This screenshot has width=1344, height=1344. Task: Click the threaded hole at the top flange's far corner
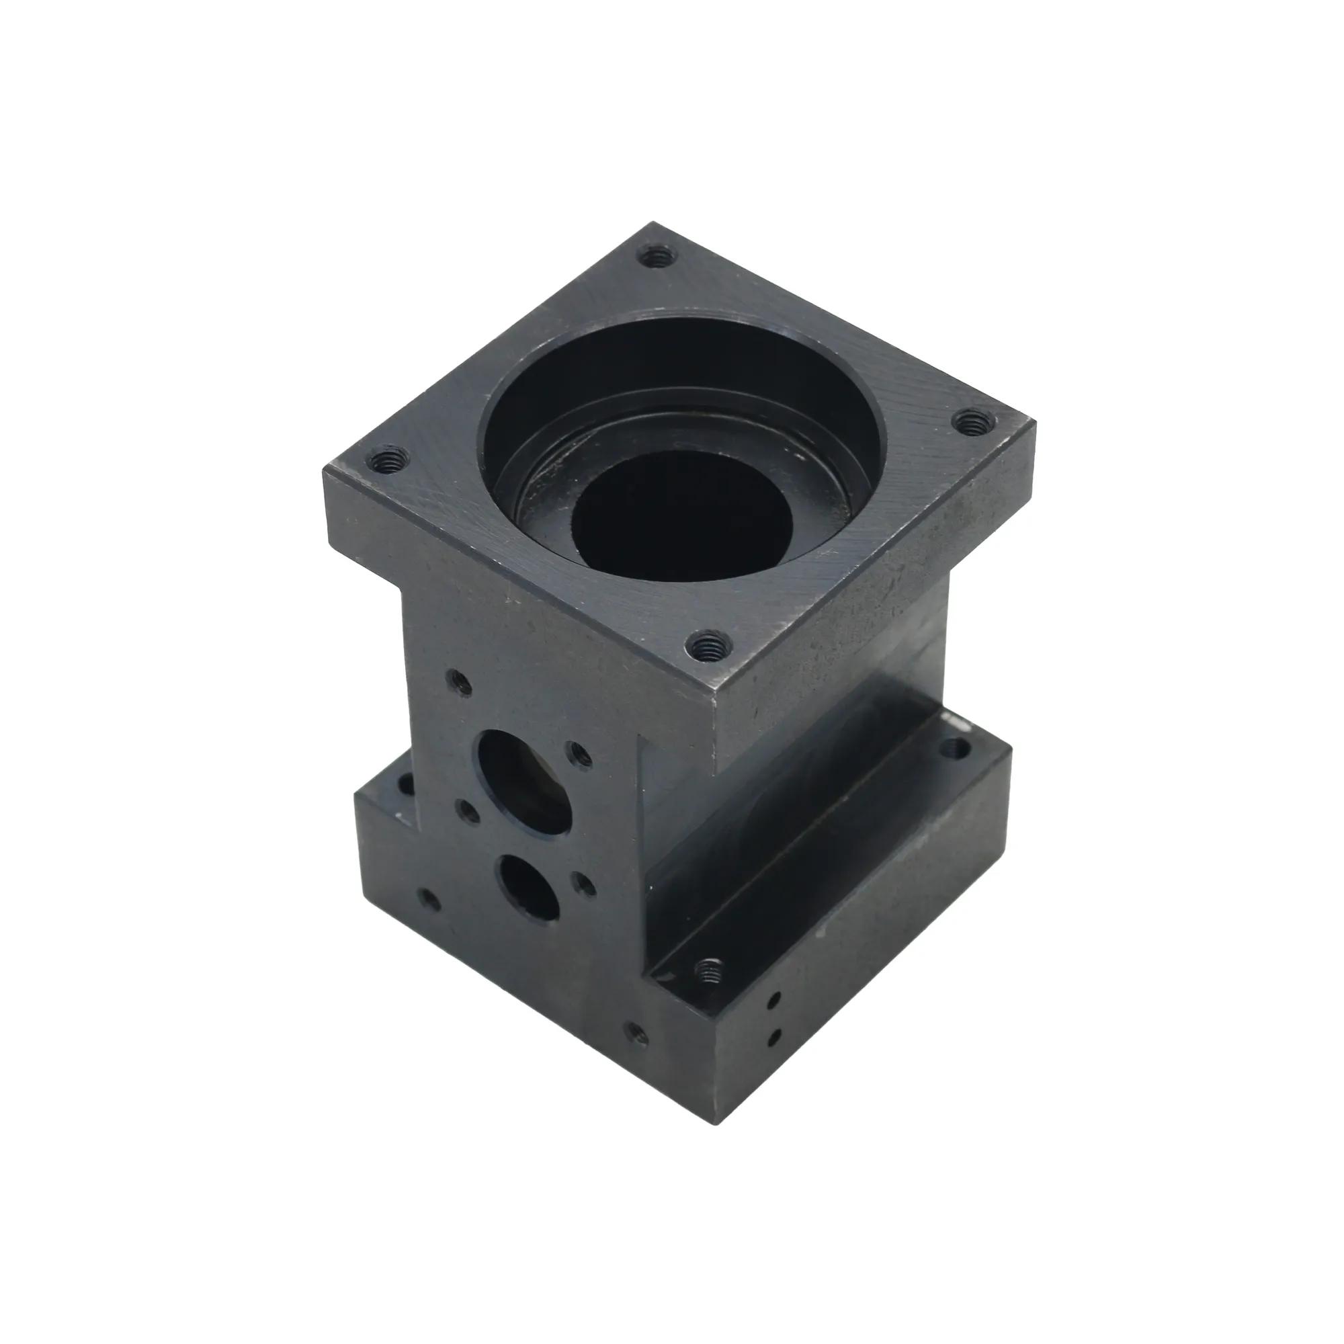click(657, 257)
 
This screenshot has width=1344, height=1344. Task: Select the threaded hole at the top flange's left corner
click(384, 459)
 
